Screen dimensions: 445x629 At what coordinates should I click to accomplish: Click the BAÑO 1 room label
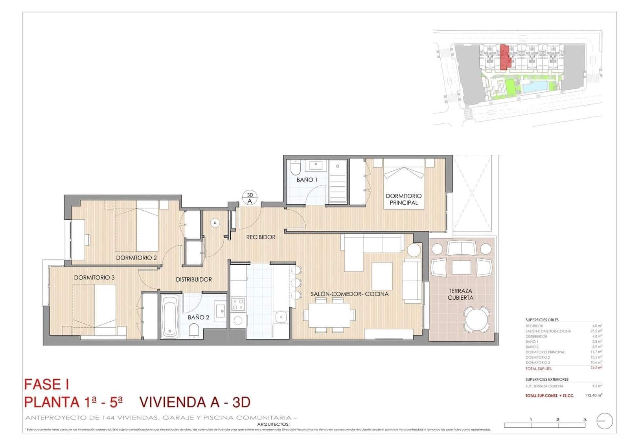(x=307, y=180)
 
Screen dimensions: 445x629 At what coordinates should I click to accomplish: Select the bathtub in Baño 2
(x=170, y=317)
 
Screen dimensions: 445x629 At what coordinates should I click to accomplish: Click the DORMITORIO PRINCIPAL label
(x=403, y=199)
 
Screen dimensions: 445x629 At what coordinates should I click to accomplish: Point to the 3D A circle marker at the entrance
(x=250, y=198)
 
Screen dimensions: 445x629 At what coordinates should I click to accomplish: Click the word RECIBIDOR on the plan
(x=261, y=237)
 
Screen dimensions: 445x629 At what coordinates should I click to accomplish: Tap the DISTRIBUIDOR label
(x=193, y=279)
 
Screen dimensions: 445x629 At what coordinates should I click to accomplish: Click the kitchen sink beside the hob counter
(x=281, y=317)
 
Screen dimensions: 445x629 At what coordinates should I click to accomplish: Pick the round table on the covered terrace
(x=476, y=320)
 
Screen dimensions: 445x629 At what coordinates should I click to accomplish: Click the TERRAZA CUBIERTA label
(x=460, y=294)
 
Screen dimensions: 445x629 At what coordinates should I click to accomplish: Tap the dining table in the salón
(x=329, y=315)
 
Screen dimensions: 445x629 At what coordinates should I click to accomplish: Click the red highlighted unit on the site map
(x=505, y=57)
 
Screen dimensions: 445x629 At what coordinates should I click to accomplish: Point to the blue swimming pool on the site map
(x=535, y=87)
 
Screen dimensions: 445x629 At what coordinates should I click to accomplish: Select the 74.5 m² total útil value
(x=596, y=368)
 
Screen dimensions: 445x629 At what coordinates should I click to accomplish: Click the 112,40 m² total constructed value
(x=593, y=395)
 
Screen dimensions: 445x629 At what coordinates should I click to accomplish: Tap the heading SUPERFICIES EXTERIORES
(x=547, y=379)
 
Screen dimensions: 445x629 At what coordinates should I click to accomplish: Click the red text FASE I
(x=46, y=384)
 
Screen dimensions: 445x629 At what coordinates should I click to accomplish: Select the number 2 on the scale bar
(x=557, y=420)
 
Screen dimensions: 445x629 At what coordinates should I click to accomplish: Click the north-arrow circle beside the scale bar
(x=605, y=421)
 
